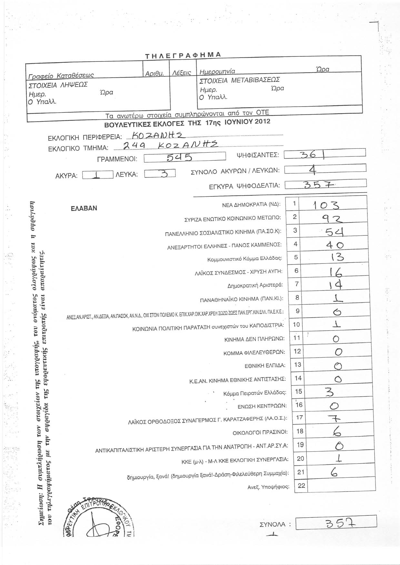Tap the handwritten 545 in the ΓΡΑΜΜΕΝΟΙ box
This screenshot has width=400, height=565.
coord(179,157)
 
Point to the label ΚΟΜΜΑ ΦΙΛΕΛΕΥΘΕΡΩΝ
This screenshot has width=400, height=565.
coord(254,353)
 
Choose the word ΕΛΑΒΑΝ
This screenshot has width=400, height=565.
coord(84,208)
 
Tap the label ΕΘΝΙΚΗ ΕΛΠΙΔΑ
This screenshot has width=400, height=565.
coord(265,366)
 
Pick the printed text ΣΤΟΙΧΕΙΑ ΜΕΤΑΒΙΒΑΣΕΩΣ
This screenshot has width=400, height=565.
coord(240,80)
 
